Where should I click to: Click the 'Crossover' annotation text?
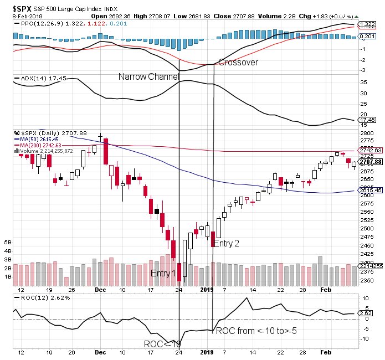point(238,63)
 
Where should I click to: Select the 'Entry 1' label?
point(163,274)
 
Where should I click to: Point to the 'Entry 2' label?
point(227,243)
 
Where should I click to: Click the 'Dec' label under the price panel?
point(100,290)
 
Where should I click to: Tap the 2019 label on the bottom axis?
point(207,290)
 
